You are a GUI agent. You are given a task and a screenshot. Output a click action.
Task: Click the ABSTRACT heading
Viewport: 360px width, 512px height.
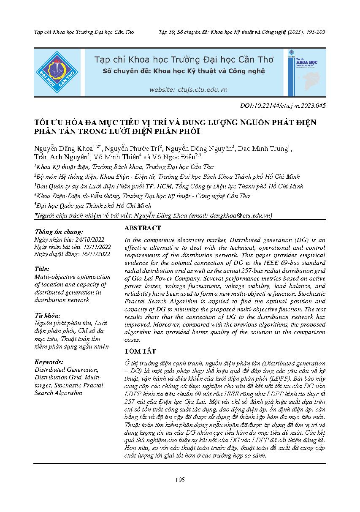click(x=143, y=228)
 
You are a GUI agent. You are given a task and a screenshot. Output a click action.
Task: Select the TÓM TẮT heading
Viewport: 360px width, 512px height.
click(x=140, y=351)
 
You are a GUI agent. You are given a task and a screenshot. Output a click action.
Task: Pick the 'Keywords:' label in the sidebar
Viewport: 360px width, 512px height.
click(x=49, y=362)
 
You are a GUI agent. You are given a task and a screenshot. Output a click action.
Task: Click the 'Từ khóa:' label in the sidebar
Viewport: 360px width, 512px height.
click(x=47, y=316)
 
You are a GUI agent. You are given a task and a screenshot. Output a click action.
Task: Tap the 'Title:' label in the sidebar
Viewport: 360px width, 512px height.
click(x=42, y=269)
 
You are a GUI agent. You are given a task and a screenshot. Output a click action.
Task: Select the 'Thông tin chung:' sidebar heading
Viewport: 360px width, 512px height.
click(x=59, y=232)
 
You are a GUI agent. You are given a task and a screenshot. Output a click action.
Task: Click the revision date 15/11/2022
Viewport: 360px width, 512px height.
click(x=96, y=247)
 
